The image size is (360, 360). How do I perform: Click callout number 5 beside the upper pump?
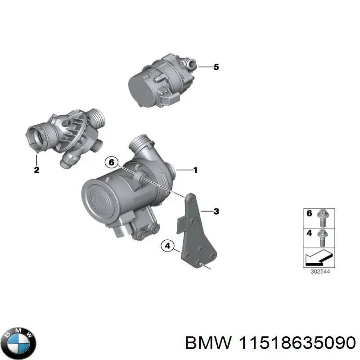[x=216, y=67]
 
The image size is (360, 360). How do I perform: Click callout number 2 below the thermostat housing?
[x=36, y=170]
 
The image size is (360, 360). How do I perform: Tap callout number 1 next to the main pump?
[x=195, y=170]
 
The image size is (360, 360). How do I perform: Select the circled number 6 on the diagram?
[x=111, y=162]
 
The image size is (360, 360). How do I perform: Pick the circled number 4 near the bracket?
[x=167, y=246]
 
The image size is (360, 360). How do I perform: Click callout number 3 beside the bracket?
[x=216, y=211]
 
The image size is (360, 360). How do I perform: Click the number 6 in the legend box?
[x=309, y=214]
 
